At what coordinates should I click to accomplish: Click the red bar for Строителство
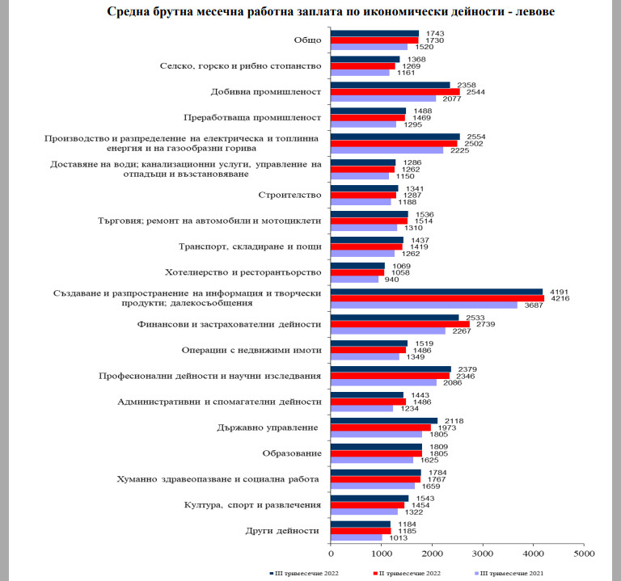tap(363, 195)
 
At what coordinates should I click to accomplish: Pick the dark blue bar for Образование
tap(376, 446)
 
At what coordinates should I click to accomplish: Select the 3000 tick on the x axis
tap(483, 554)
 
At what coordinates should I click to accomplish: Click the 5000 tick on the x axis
tap(584, 554)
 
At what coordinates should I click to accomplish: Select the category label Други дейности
tap(285, 531)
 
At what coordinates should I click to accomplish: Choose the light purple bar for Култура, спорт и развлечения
tap(364, 512)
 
